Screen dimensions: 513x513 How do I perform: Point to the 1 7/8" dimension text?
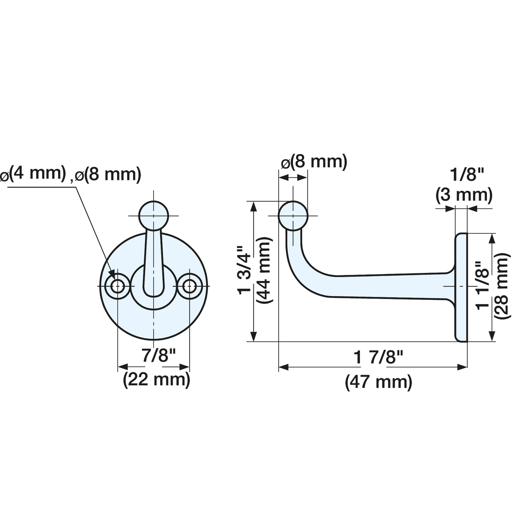378,358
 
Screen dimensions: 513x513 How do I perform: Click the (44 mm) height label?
264,270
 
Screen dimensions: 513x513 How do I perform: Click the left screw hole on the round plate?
117,286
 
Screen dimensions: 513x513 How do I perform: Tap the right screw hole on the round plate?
189,286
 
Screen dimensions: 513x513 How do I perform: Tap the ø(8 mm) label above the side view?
314,162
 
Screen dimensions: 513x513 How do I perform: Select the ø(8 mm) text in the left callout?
108,174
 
